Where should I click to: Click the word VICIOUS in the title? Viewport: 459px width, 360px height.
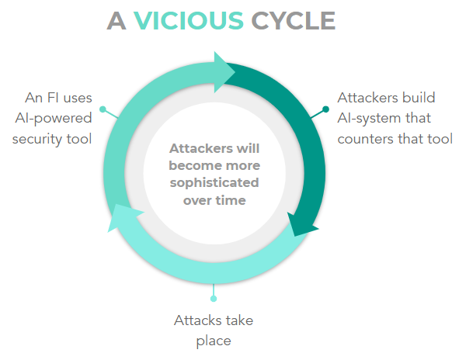[189, 21]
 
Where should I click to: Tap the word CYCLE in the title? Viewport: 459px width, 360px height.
[294, 21]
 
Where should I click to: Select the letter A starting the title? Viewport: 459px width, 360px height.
[116, 21]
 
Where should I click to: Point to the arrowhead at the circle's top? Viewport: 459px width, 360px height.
[223, 72]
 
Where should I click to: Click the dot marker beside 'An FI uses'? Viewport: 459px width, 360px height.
[103, 109]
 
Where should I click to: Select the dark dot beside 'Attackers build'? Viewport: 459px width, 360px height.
[325, 109]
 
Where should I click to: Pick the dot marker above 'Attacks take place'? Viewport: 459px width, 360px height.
[214, 299]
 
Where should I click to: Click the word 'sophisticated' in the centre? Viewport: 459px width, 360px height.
[214, 183]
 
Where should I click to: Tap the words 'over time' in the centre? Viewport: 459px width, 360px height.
[214, 200]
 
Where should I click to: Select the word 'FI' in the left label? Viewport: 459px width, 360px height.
[53, 98]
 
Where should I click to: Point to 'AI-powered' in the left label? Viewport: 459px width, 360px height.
[54, 119]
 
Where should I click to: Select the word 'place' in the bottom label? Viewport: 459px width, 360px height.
[214, 341]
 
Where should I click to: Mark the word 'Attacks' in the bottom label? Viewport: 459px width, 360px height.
[196, 320]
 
